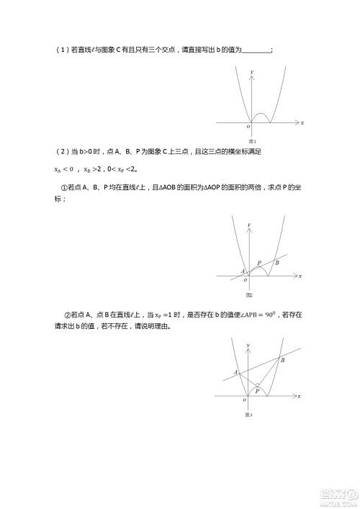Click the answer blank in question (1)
pyautogui.click(x=258, y=50)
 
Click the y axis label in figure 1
pyautogui.click(x=253, y=73)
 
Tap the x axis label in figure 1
pyautogui.click(x=302, y=124)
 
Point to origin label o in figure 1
pyautogui.click(x=248, y=127)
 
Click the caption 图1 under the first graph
pyautogui.click(x=252, y=141)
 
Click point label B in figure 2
pyautogui.click(x=277, y=263)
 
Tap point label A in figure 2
pyautogui.click(x=242, y=271)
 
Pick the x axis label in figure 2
pyautogui.click(x=300, y=276)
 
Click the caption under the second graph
pyautogui.click(x=249, y=295)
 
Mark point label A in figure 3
pyautogui.click(x=235, y=372)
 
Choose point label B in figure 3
pyautogui.click(x=282, y=359)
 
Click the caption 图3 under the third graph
pyautogui.click(x=249, y=415)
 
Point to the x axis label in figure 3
pyautogui.click(x=300, y=397)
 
